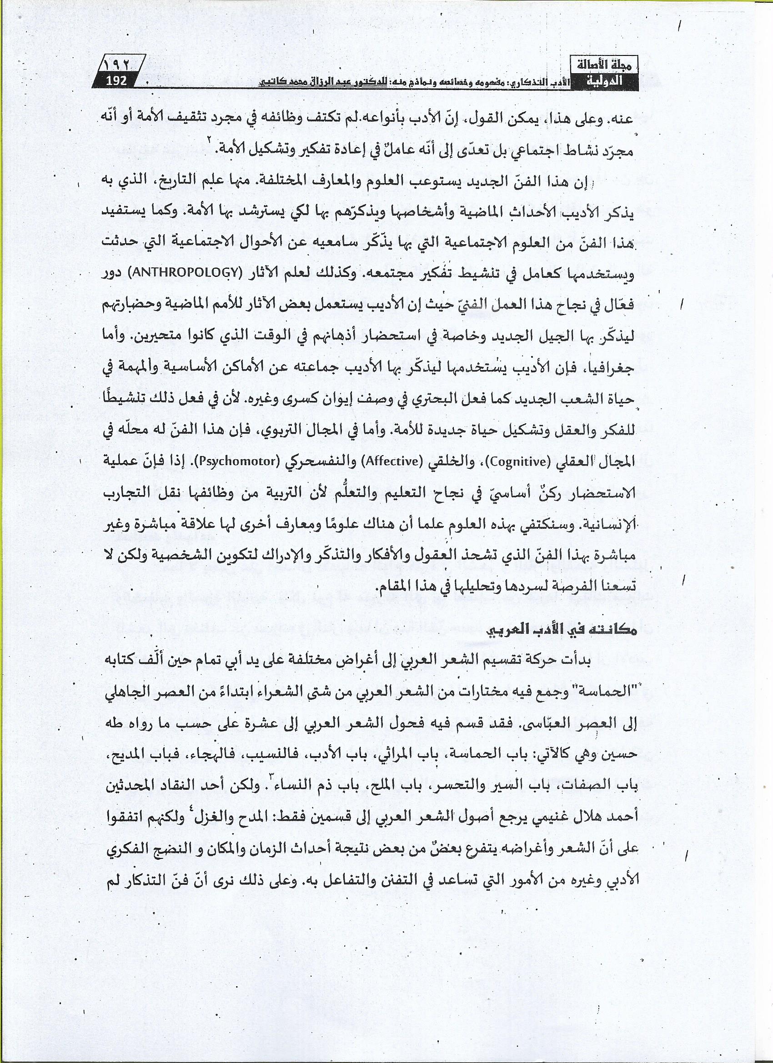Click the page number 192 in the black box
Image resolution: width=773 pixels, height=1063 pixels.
click(116, 80)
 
